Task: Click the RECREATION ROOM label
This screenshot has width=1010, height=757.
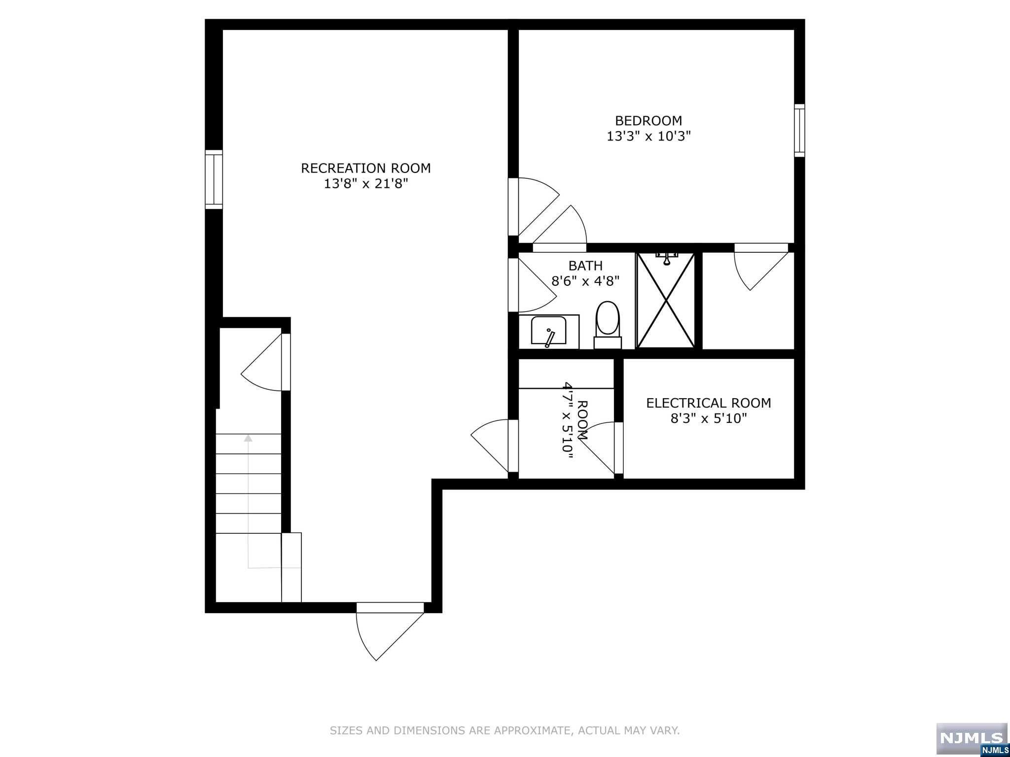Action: point(365,168)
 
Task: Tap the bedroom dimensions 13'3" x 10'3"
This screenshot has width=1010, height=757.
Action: point(648,137)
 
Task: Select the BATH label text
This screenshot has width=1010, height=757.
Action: point(585,266)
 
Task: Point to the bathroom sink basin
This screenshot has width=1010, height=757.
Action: point(548,331)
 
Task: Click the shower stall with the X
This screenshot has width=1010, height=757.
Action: point(666,301)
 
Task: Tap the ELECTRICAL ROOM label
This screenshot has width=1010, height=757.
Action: point(708,403)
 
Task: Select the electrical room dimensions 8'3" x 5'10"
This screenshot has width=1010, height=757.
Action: point(708,419)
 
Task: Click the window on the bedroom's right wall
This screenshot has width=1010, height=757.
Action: point(799,131)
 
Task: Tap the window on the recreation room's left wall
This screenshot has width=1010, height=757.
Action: point(214,179)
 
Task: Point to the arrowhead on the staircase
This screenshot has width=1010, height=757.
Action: point(248,438)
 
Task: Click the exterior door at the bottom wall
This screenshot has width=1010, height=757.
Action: point(390,608)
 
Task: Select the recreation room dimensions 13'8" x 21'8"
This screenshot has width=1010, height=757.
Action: point(365,184)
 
